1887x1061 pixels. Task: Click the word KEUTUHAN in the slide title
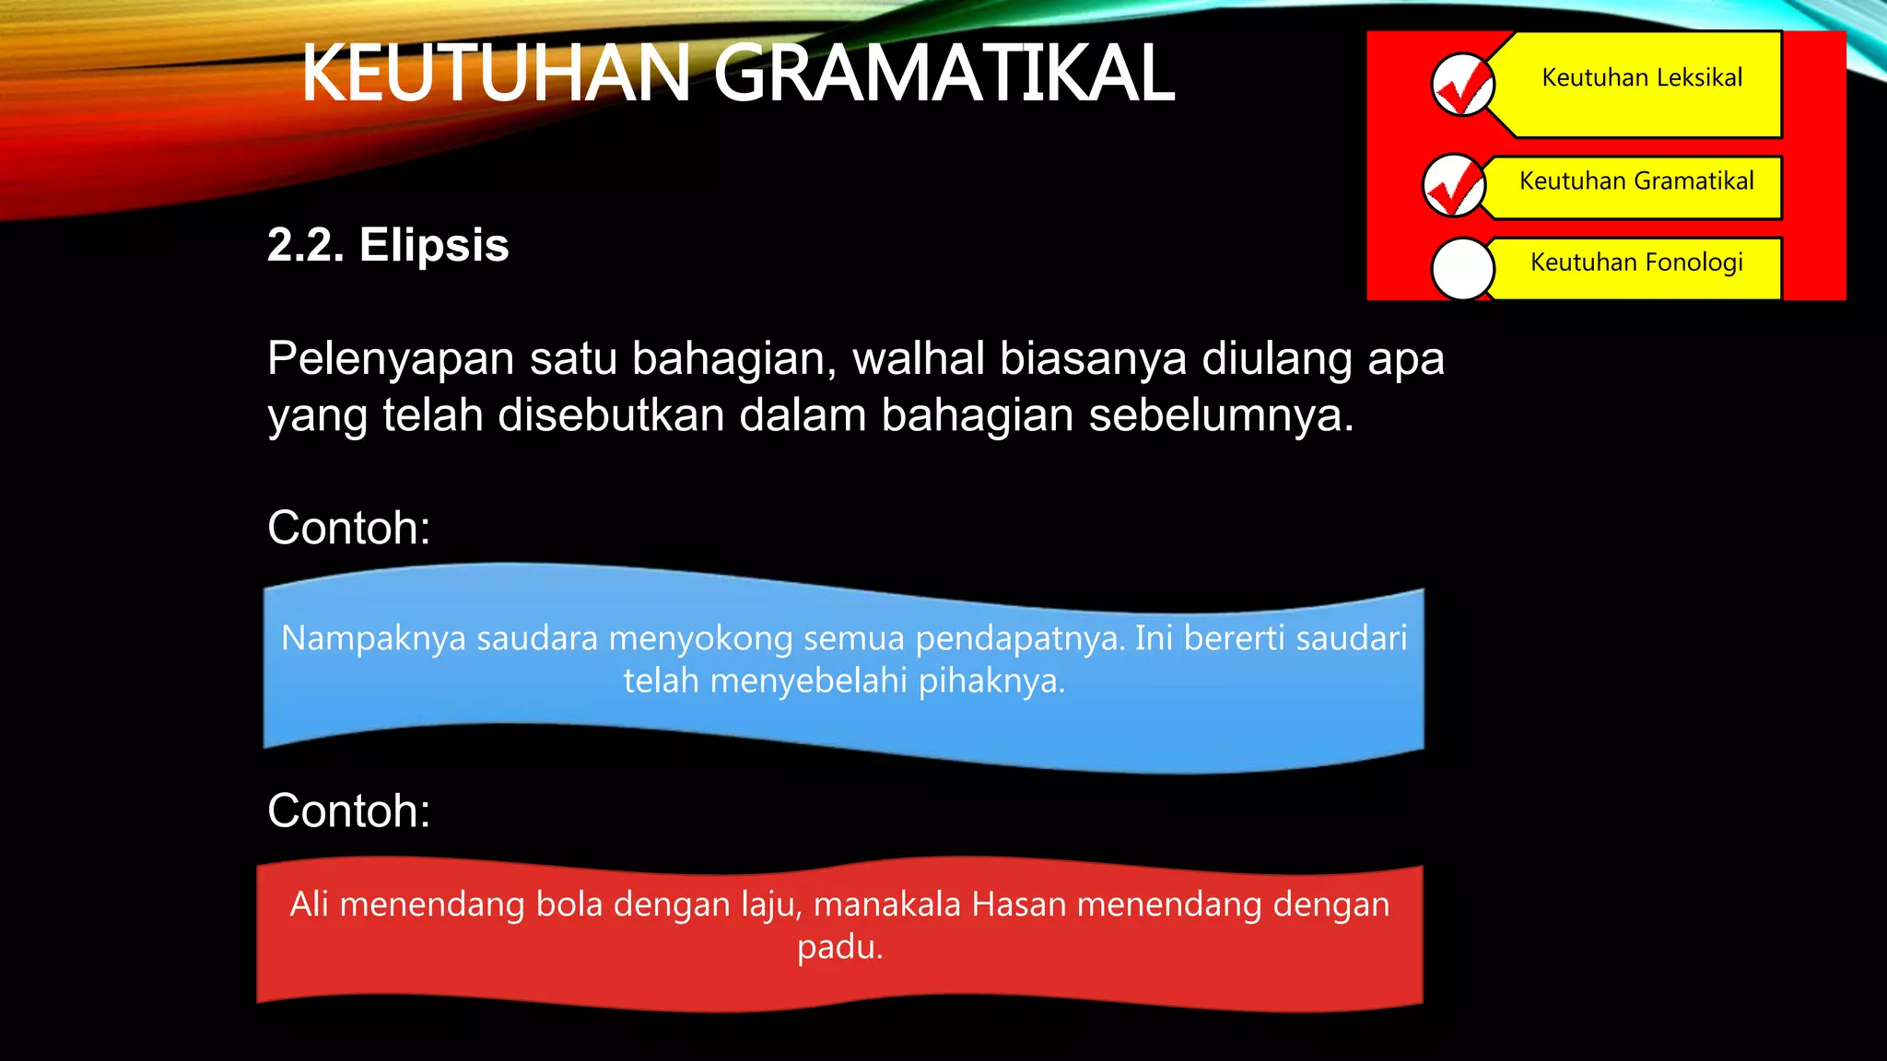pyautogui.click(x=496, y=74)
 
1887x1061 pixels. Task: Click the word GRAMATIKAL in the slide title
pyautogui.click(x=943, y=74)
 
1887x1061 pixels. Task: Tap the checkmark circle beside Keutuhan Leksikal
pyautogui.click(x=1462, y=85)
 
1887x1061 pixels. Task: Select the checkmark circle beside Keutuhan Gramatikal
pyautogui.click(x=1454, y=185)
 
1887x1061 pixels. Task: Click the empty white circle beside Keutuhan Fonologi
pyautogui.click(x=1462, y=269)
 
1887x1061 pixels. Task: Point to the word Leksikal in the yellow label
pyautogui.click(x=1698, y=77)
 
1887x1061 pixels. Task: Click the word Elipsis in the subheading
pyautogui.click(x=434, y=246)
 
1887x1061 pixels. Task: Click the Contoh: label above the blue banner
pyautogui.click(x=348, y=529)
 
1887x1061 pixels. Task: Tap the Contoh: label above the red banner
pyautogui.click(x=348, y=811)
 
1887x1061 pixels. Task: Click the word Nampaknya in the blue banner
pyautogui.click(x=373, y=638)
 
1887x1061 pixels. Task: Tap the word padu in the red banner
pyautogui.click(x=837, y=947)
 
